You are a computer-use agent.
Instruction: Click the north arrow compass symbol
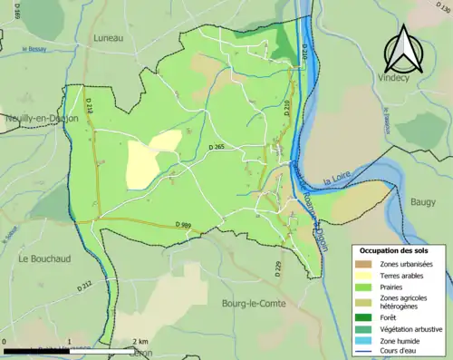[x=401, y=51]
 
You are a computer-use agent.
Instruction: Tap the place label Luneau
[x=110, y=38]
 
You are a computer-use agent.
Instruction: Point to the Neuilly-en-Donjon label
[x=40, y=118]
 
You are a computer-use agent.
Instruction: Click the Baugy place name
[x=422, y=202]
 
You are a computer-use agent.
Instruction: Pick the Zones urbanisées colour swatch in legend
[x=367, y=263]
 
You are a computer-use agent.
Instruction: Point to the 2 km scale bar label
[x=139, y=342]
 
